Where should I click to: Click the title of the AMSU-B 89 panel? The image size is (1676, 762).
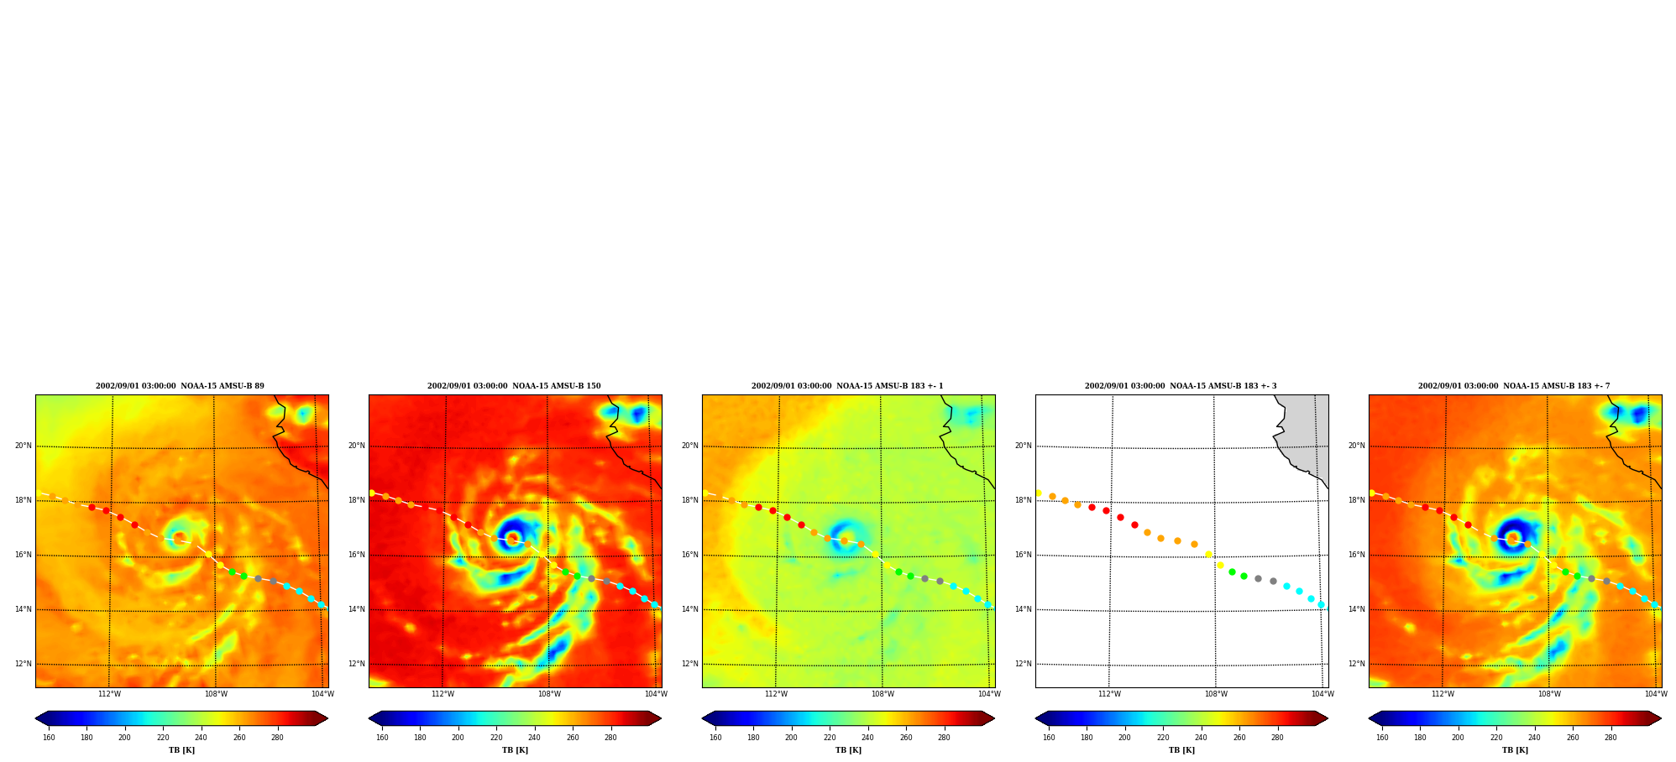(x=180, y=386)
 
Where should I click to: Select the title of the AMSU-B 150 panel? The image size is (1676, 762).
(x=514, y=386)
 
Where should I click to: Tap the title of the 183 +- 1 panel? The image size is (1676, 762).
(x=847, y=386)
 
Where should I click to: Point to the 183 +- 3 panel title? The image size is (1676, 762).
(x=1181, y=386)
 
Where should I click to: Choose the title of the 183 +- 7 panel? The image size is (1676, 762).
(x=1514, y=386)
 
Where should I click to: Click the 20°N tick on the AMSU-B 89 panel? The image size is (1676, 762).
(x=24, y=446)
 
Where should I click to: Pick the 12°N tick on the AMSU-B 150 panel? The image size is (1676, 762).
(x=357, y=664)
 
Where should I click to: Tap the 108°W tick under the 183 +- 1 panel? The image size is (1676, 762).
(x=883, y=694)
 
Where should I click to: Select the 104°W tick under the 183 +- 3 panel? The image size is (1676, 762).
(x=1322, y=694)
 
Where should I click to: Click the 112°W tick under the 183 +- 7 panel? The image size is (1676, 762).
(x=1443, y=694)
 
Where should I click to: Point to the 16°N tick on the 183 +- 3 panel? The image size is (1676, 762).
(x=1024, y=555)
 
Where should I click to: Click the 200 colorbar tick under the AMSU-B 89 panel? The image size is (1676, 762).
(x=124, y=738)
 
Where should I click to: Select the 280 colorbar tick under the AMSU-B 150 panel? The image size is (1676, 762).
(x=610, y=738)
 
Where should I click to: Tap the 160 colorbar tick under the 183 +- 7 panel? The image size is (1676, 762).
(x=1382, y=738)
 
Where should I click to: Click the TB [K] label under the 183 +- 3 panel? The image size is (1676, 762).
(x=1181, y=750)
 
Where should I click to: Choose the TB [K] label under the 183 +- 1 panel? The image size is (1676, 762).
(x=848, y=750)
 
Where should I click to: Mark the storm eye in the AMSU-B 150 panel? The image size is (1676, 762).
(x=512, y=538)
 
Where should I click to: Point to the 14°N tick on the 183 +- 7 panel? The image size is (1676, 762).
(x=1357, y=609)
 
